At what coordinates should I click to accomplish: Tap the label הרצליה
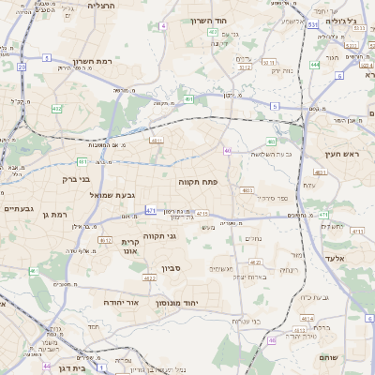[101, 6]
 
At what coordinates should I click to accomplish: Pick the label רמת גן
[57, 215]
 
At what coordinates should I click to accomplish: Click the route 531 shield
[311, 25]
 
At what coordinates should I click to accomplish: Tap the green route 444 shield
[315, 65]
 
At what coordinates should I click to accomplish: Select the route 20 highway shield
[21, 67]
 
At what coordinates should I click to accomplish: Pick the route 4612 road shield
[106, 240]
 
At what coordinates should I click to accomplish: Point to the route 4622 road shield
[150, 278]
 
